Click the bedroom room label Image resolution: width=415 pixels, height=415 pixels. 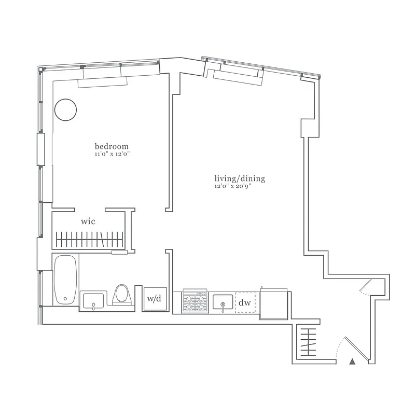coord(112,147)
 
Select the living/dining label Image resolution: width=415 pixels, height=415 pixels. coord(240,179)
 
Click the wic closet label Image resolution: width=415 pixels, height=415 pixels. coord(88,222)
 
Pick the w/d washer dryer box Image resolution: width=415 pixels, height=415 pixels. coord(154,299)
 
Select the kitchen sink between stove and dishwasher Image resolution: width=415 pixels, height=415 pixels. coord(223,302)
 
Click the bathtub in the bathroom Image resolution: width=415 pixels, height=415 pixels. coord(66,280)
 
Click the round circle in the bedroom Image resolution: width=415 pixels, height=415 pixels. coord(66,110)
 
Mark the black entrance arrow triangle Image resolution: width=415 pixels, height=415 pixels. coord(353,362)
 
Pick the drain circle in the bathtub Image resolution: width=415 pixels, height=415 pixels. coord(65,298)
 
